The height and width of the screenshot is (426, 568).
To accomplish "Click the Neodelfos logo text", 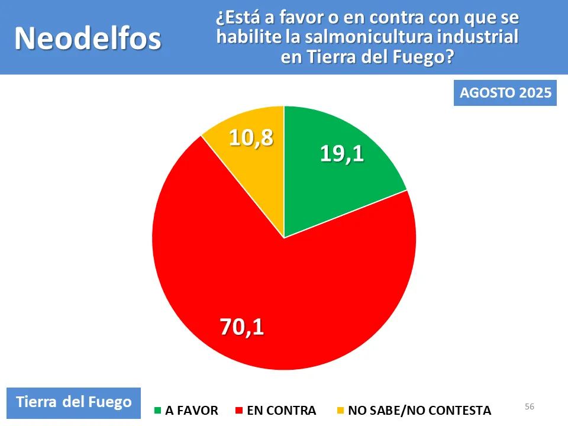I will (88, 38).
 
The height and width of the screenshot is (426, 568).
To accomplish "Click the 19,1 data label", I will (341, 153).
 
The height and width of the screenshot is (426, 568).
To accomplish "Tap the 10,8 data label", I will (251, 137).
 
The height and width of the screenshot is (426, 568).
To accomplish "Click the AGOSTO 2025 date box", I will (505, 93).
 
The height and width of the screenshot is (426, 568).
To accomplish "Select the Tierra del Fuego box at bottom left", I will (73, 402).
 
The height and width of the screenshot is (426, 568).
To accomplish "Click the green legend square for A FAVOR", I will (157, 410).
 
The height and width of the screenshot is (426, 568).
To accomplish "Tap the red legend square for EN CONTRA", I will (238, 410).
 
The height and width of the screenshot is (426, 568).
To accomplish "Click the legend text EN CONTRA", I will (281, 410).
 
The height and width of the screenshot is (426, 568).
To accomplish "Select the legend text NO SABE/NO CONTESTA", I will (419, 410).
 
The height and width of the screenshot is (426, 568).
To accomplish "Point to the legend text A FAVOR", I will (192, 410).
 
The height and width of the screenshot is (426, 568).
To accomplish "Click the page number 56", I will (530, 406).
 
